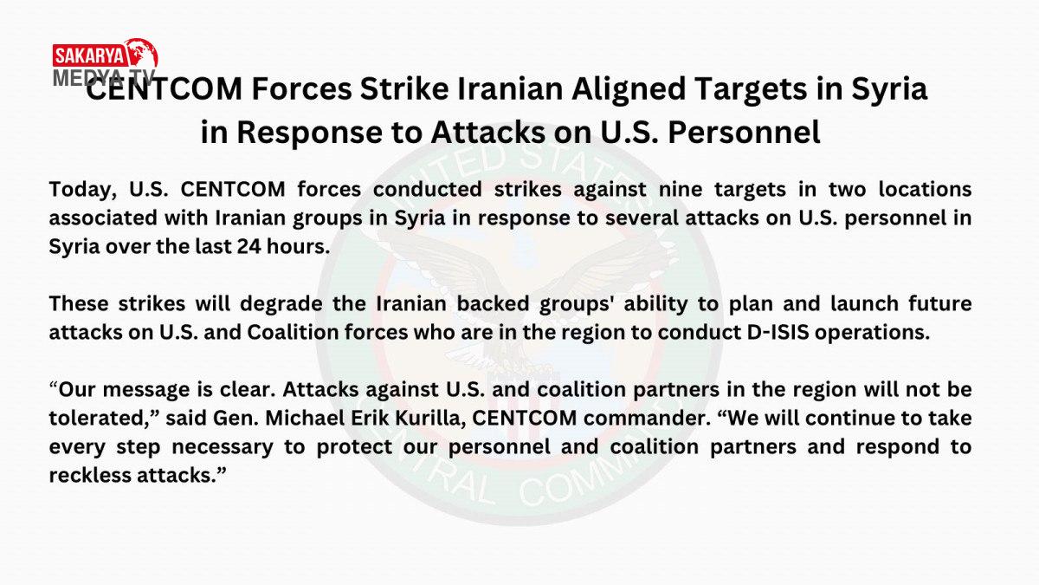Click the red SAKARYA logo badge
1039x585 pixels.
point(89,56)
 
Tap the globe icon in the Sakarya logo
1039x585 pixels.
point(141,54)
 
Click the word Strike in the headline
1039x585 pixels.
point(404,88)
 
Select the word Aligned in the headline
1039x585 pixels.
point(629,88)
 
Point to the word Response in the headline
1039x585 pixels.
point(309,133)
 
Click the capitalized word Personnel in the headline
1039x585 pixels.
point(744,133)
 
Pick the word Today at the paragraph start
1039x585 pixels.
point(82,190)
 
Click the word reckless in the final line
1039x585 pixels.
point(90,476)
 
